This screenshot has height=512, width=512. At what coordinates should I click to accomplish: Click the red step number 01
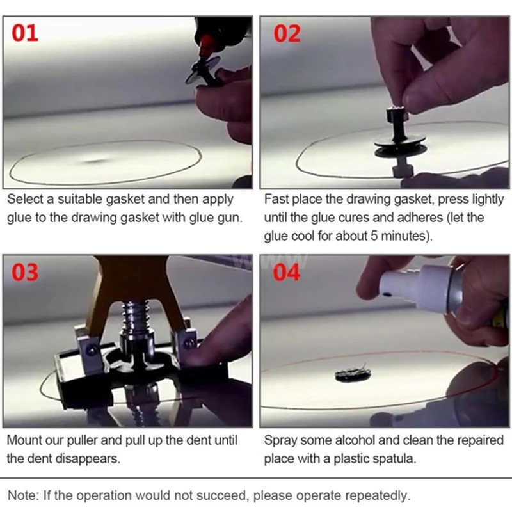26,32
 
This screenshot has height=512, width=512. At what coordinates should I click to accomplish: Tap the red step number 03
26,272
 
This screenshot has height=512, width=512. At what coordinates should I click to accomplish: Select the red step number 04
287,272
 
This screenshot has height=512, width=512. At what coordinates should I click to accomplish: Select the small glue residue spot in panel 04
353,374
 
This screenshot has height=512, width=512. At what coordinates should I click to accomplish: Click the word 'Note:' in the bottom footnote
22,495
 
